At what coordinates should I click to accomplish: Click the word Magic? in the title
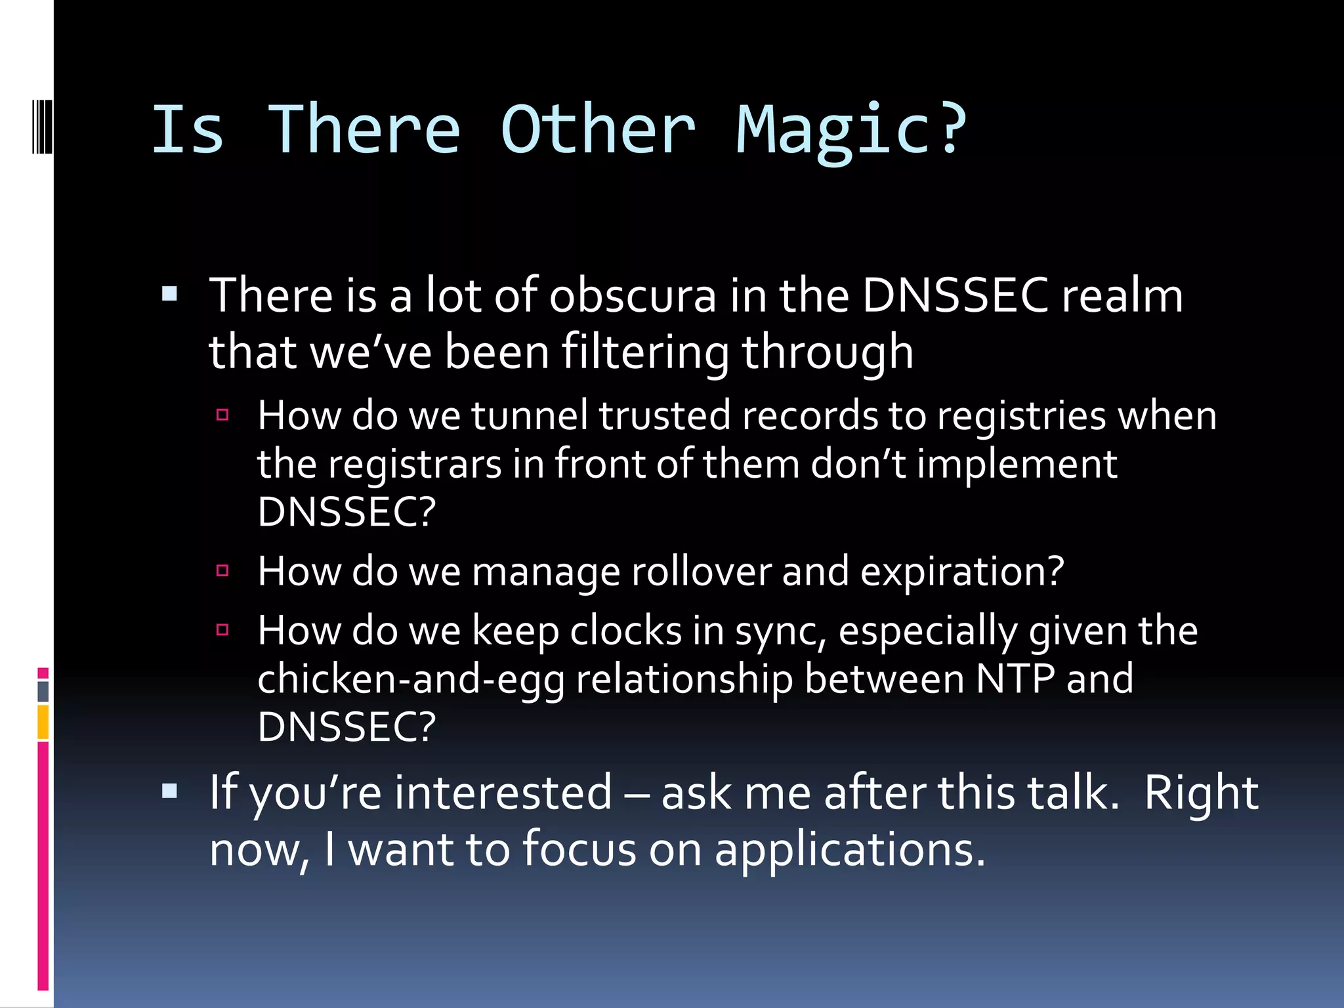(x=851, y=131)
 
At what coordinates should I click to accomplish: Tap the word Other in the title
(x=597, y=131)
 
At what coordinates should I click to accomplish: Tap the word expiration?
(x=962, y=572)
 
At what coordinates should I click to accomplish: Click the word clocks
(x=626, y=631)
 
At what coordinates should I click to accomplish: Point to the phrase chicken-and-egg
(x=411, y=680)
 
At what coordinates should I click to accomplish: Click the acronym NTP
(x=1015, y=679)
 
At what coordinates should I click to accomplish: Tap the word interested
(x=503, y=793)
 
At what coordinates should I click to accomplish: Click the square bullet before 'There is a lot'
(x=170, y=293)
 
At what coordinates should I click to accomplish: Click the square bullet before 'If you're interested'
(x=170, y=791)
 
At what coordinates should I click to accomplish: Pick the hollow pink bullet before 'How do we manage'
(x=222, y=570)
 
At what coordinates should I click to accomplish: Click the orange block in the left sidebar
(x=43, y=722)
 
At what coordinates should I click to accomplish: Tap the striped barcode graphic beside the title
(x=42, y=125)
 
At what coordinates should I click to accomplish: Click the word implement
(x=1017, y=465)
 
